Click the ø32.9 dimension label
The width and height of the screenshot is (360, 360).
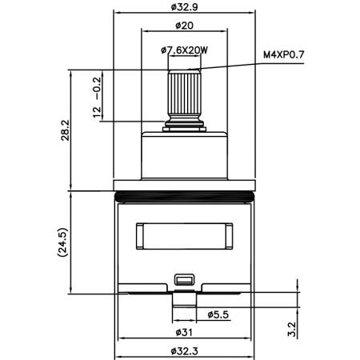click(184, 7)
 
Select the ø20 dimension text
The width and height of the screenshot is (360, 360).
click(184, 26)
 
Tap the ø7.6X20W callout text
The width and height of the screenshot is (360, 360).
click(184, 50)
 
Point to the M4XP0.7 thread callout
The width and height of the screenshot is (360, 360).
click(284, 54)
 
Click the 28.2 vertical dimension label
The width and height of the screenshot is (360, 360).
click(65, 130)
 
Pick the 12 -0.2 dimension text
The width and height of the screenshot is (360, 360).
click(97, 97)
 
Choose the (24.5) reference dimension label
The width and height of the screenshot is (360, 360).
click(63, 242)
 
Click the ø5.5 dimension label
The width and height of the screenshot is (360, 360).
click(218, 314)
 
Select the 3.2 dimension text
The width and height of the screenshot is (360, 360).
click(292, 330)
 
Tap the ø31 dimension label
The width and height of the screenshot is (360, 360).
click(184, 333)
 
